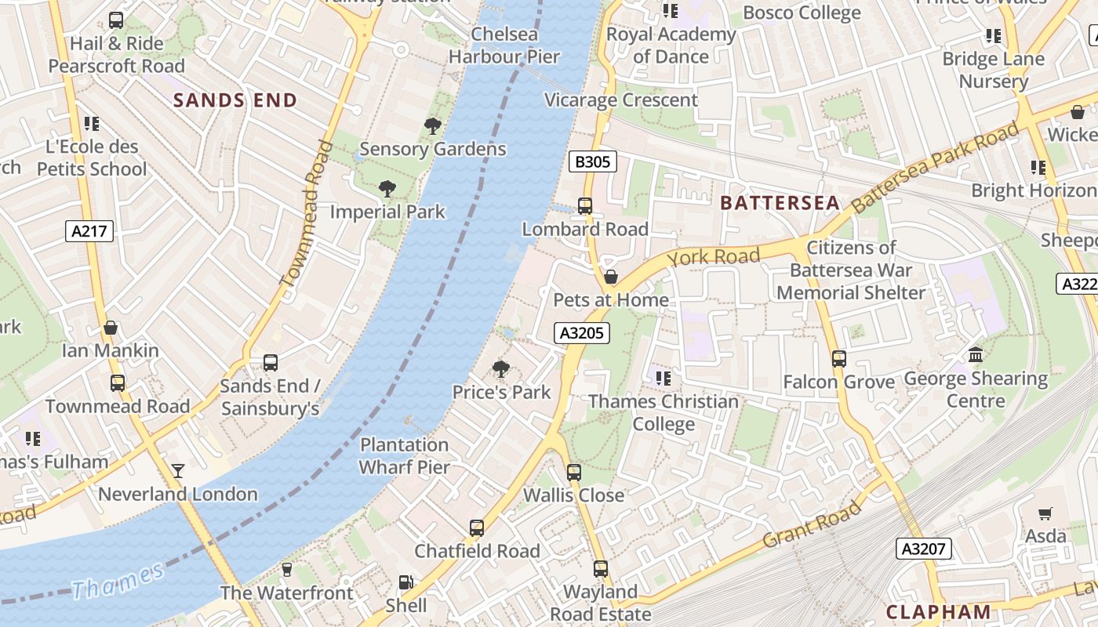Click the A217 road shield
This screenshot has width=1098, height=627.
tap(89, 231)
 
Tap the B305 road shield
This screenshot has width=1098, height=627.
tap(592, 162)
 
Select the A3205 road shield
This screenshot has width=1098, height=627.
tap(582, 333)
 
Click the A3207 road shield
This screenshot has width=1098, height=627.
tap(924, 549)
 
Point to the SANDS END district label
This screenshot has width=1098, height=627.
tap(235, 100)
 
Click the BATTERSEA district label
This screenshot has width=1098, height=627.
tap(780, 203)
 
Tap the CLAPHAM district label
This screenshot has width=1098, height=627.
tap(938, 612)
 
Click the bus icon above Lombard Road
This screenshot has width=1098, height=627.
tap(585, 206)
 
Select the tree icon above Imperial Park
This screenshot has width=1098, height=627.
tap(387, 188)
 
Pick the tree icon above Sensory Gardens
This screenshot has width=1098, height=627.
tap(432, 125)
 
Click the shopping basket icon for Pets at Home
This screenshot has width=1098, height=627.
tap(611, 277)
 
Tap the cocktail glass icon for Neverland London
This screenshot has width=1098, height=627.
tap(178, 470)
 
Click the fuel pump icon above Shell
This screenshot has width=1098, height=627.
tap(405, 582)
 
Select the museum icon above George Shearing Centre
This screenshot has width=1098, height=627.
tap(976, 355)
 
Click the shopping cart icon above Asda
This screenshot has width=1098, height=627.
tap(1045, 513)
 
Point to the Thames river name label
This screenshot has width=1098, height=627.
tap(118, 581)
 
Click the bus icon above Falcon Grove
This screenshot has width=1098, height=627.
tap(839, 359)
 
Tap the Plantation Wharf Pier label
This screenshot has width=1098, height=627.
tap(404, 456)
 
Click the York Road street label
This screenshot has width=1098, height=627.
tap(713, 257)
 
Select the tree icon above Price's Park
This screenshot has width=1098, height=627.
tap(501, 369)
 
